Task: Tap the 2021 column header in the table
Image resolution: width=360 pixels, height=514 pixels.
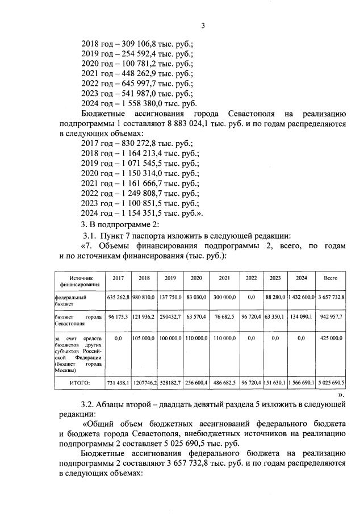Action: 224,278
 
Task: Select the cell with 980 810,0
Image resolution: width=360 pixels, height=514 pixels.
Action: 144,297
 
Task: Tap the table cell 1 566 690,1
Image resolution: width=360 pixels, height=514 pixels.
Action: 301,384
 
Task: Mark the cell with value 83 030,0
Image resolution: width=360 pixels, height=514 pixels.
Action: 196,297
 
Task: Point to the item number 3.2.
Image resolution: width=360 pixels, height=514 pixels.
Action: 90,404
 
